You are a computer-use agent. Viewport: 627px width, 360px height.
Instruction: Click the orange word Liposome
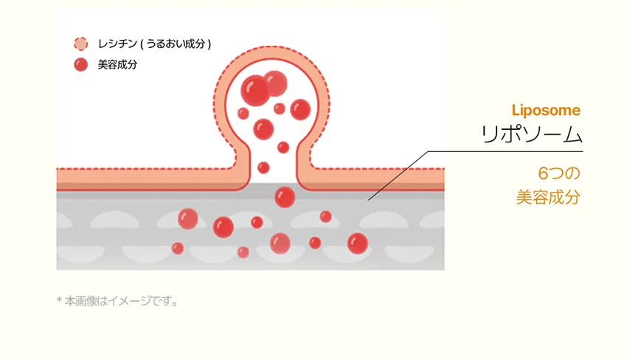coord(546,111)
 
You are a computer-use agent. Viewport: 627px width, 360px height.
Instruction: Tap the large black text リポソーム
coord(531,134)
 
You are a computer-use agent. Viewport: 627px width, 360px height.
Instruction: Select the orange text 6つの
coord(559,173)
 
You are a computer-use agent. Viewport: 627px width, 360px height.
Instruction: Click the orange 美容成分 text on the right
coord(548,197)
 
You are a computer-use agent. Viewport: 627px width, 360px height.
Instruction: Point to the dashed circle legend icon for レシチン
coord(81,44)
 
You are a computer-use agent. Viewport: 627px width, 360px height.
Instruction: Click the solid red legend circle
coord(81,64)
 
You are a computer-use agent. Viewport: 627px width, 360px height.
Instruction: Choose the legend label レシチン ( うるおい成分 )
coord(154,44)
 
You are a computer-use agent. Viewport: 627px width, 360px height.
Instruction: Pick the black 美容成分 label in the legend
coord(117,64)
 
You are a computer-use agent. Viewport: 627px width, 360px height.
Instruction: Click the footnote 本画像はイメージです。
coord(122,301)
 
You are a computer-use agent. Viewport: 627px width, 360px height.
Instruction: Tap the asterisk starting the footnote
coord(59,300)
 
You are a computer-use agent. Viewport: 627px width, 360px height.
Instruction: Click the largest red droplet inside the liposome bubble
coord(255,91)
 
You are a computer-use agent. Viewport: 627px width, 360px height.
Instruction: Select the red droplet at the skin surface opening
coord(285,197)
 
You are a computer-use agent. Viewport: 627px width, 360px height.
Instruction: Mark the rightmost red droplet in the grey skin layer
coord(358,243)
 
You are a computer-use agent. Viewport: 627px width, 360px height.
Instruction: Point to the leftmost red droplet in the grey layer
coord(178,249)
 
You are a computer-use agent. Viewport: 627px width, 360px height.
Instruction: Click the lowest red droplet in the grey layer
coord(243,252)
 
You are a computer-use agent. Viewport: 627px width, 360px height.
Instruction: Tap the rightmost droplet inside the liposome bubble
coord(300,109)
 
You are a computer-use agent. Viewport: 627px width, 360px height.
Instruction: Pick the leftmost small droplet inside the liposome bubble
coord(243,113)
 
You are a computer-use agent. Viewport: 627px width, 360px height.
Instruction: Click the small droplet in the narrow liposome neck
coord(263,167)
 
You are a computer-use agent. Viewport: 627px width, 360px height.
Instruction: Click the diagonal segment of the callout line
coord(398,176)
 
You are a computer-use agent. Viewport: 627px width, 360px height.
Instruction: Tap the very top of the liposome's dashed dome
coord(272,46)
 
